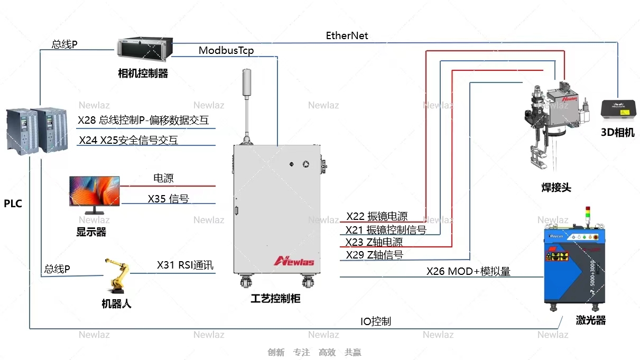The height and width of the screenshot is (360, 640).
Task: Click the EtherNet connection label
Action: click(x=347, y=36)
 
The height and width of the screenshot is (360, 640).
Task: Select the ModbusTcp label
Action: click(x=226, y=51)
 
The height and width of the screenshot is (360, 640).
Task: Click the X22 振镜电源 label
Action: click(x=377, y=217)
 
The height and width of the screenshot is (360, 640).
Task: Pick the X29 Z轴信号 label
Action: click(x=374, y=255)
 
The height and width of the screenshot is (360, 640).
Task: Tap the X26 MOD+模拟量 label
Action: click(x=468, y=272)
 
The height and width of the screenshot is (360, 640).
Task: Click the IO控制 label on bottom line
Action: click(x=376, y=321)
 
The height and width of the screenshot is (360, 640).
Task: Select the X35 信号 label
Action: click(x=168, y=199)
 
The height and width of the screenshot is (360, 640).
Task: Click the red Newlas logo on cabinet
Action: click(x=294, y=261)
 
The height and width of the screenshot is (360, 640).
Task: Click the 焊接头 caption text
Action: click(x=556, y=188)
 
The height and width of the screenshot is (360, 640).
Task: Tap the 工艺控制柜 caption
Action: click(x=275, y=299)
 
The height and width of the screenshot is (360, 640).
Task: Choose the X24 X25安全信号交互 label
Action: click(x=128, y=140)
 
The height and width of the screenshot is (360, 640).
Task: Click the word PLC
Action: click(x=13, y=204)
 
